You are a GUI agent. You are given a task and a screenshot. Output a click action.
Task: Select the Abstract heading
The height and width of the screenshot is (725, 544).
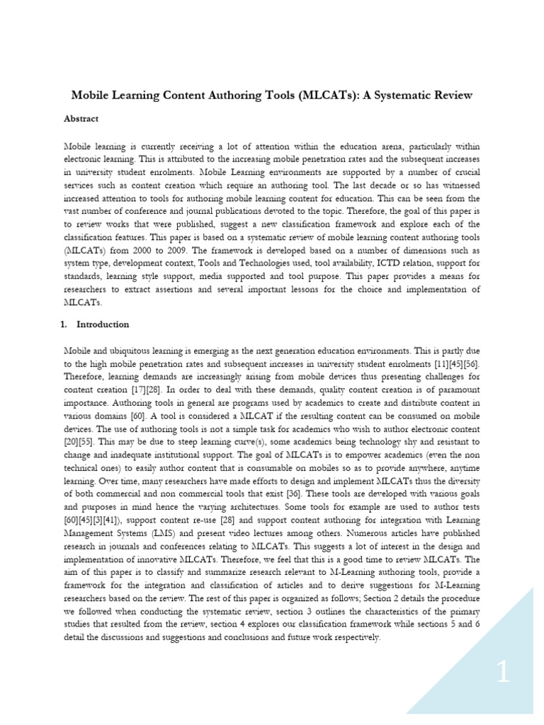pos(81,119)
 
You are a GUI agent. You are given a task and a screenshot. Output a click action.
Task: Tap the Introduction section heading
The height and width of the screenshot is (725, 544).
pos(102,324)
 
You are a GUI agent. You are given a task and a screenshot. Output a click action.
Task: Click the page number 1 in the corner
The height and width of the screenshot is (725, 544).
pos(502,673)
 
